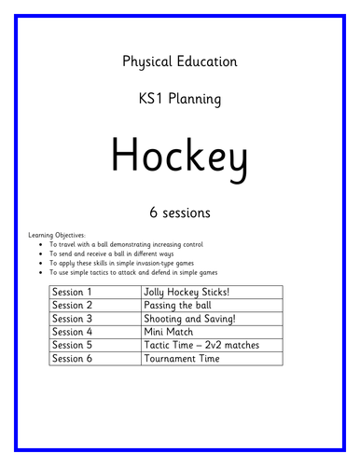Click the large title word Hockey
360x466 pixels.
click(x=179, y=153)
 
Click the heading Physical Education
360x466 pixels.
click(x=179, y=62)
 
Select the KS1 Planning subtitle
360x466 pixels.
click(x=179, y=96)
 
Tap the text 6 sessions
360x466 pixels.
click(x=179, y=212)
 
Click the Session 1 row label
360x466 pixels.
click(x=74, y=292)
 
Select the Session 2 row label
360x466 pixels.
click(x=74, y=305)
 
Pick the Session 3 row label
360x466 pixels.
click(x=74, y=318)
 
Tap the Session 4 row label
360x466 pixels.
click(x=74, y=331)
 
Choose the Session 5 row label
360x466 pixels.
click(x=74, y=344)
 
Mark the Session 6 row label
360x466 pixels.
click(x=74, y=357)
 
